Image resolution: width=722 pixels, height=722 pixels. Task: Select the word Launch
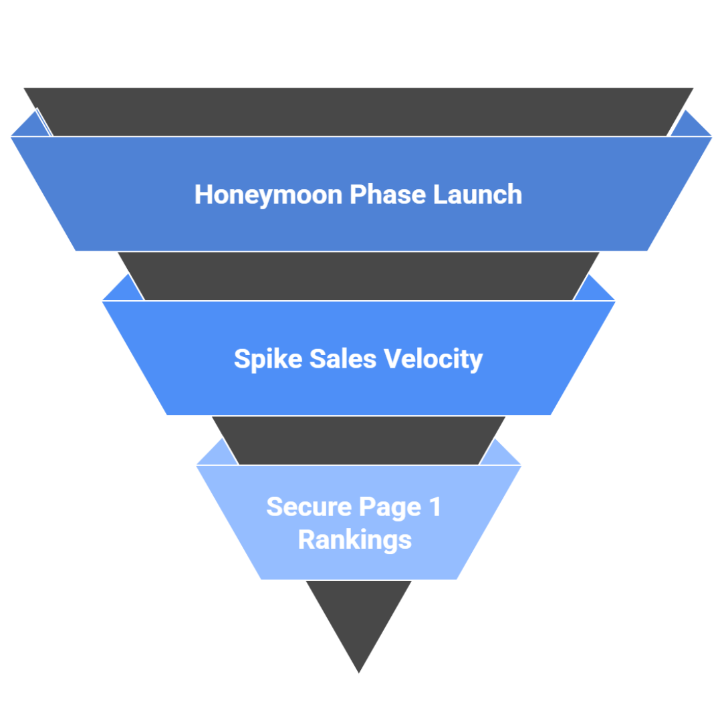pos(477,195)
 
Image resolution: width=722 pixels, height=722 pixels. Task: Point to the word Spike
pos(265,360)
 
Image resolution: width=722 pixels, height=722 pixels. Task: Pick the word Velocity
pos(433,360)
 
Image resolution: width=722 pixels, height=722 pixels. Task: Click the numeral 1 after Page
pos(435,507)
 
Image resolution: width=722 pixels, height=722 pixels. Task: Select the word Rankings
pos(355,539)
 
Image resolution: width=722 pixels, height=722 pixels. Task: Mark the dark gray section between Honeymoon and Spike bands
pos(359,275)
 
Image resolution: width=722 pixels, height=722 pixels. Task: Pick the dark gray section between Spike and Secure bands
pos(359,440)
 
